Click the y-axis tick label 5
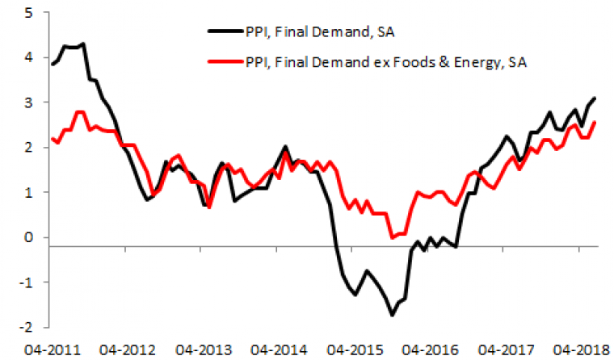click(28, 13)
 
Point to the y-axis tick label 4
click(28, 58)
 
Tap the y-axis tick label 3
click(28, 103)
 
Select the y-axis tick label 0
click(28, 237)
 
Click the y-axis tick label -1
click(26, 283)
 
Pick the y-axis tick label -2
click(26, 327)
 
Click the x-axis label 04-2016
click(427, 349)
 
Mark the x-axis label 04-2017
click(503, 349)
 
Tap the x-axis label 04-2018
click(578, 349)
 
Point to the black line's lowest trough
click(392, 315)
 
